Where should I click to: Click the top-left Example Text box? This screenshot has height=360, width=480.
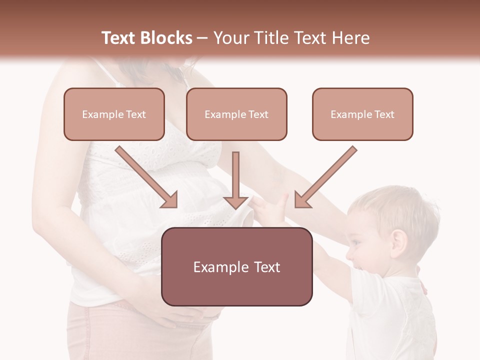point(114,114)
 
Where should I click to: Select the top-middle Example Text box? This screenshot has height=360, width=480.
point(236,114)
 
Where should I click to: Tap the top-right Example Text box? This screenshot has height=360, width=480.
point(362,114)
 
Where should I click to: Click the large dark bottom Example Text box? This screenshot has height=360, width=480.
point(236,266)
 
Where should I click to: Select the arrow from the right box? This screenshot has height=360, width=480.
point(325,177)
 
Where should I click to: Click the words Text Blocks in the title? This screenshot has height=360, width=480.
point(146,38)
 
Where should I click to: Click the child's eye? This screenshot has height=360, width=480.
point(356,242)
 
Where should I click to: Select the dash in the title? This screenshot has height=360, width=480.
point(202,38)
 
